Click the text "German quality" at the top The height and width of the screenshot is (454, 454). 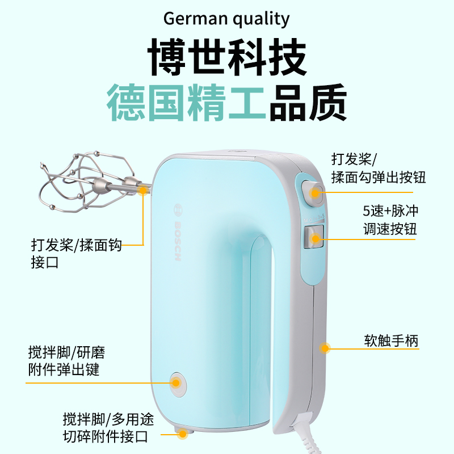[226, 19]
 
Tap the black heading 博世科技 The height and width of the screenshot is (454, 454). [227, 57]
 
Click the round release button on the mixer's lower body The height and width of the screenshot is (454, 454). [177, 383]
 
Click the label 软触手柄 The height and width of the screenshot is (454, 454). [391, 341]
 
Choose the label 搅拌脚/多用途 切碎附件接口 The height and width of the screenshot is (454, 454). [106, 428]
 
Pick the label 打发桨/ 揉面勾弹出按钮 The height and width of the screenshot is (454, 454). [378, 168]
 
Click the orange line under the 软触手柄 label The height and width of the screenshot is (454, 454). [386, 349]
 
